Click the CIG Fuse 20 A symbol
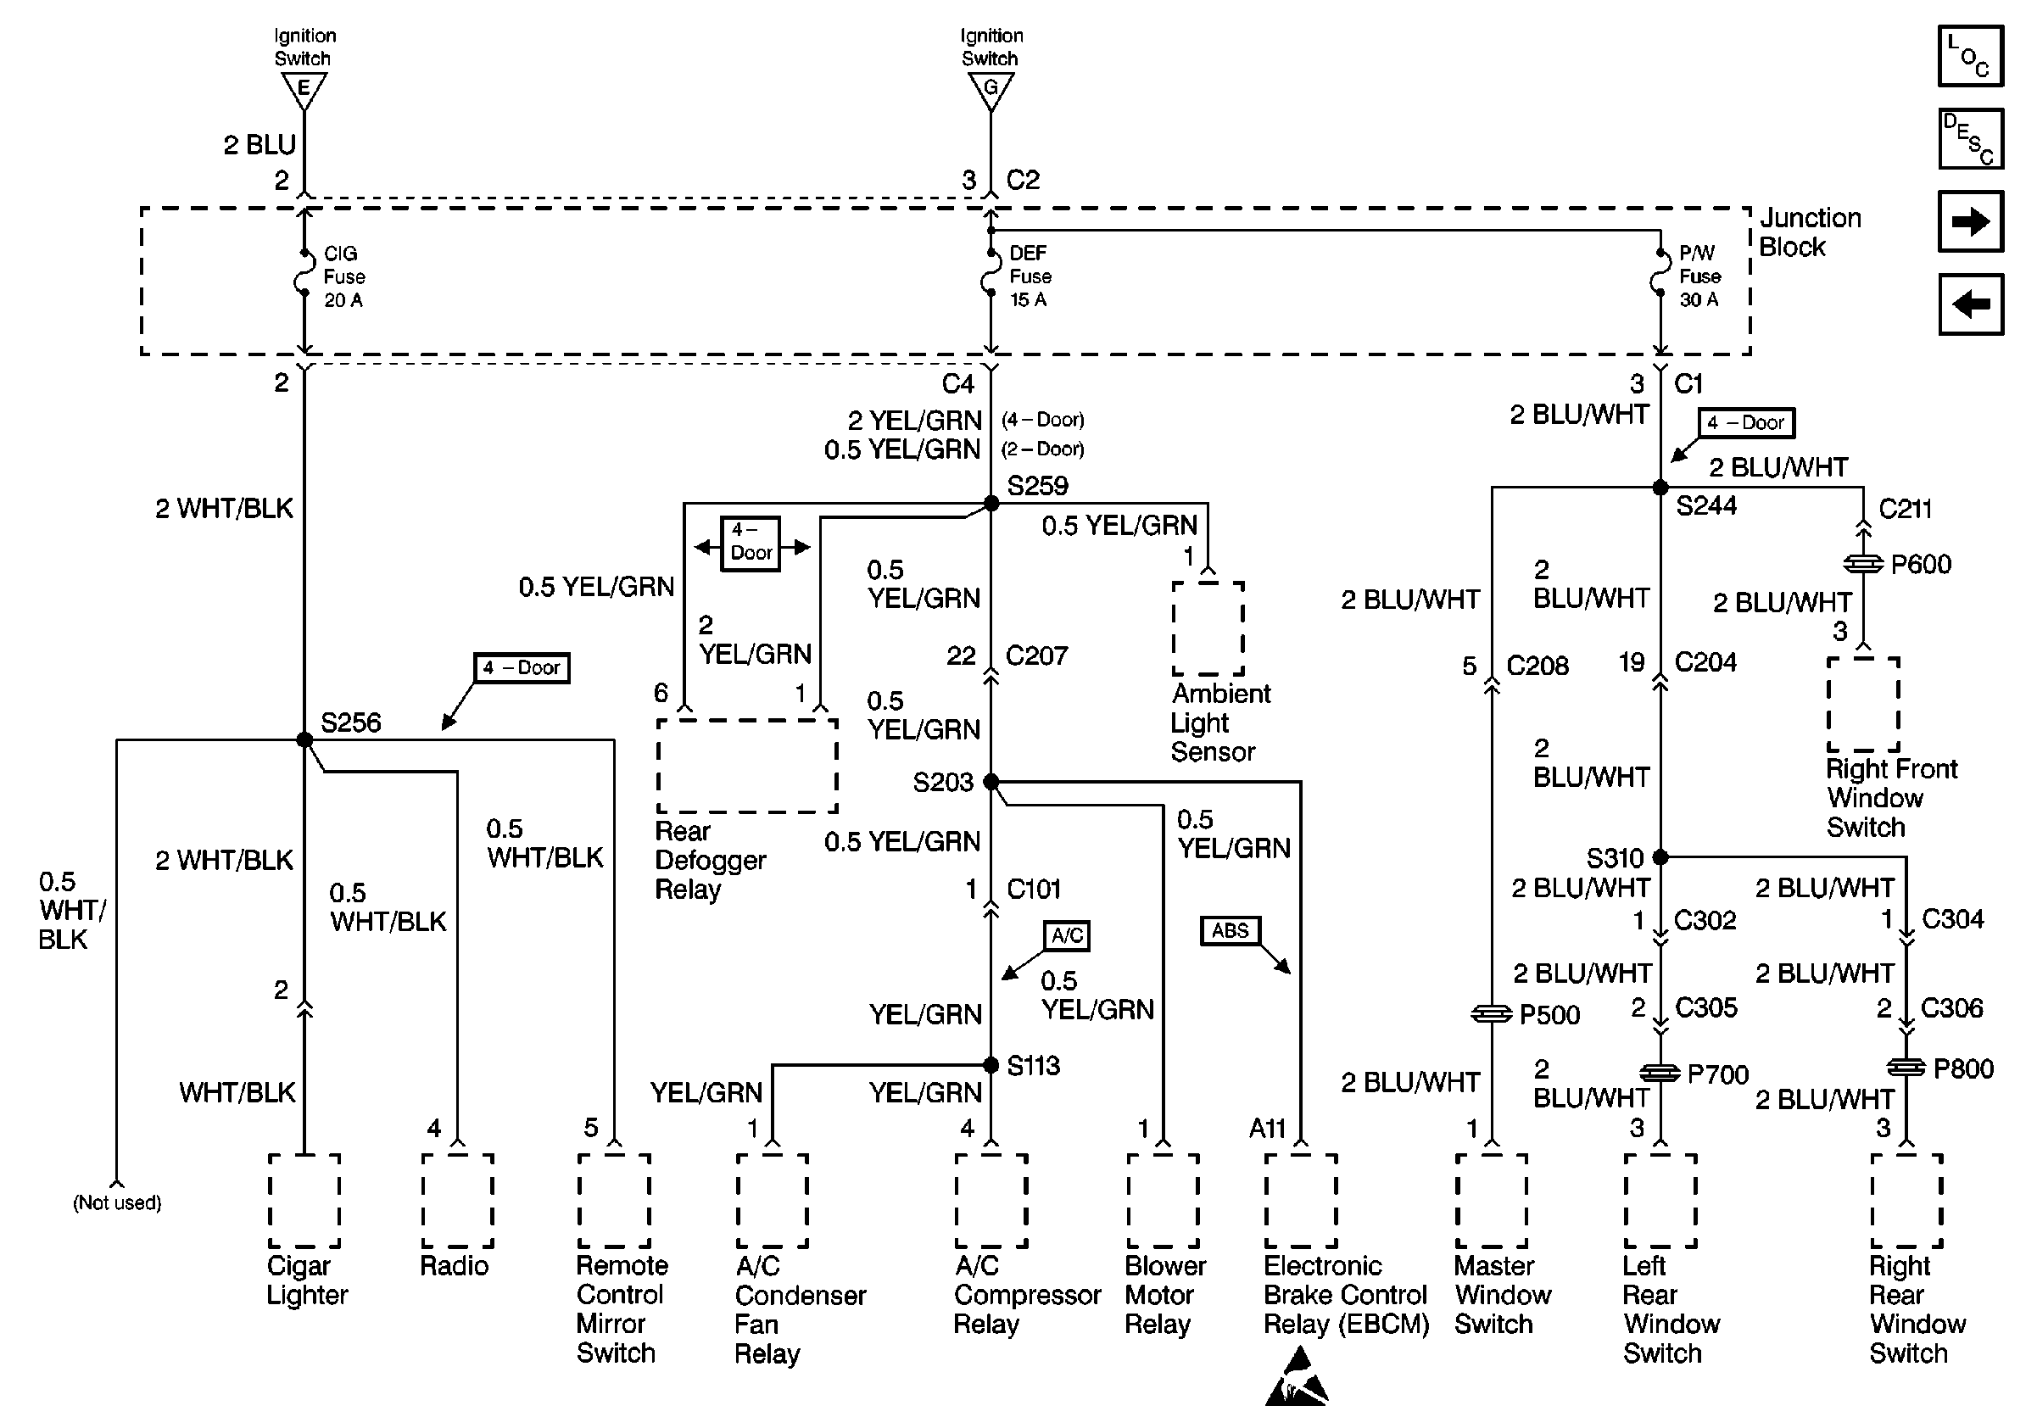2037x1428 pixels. click(304, 276)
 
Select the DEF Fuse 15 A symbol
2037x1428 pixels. click(991, 276)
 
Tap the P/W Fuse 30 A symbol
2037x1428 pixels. click(1660, 276)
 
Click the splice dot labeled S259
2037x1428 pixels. click(992, 504)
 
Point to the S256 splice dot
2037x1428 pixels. click(304, 739)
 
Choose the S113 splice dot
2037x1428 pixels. click(991, 1065)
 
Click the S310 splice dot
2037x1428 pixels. click(1660, 856)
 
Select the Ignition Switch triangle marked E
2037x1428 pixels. click(304, 89)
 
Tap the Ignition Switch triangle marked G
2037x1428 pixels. click(991, 89)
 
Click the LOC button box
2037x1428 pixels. click(1971, 56)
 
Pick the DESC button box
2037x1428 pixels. click(1971, 138)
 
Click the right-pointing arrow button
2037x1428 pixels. click(1971, 221)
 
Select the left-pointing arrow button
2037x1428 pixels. click(1971, 304)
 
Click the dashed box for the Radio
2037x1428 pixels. click(458, 1201)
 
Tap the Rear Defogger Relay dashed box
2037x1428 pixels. click(747, 766)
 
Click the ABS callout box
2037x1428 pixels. click(1230, 930)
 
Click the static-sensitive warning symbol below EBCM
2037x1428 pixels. click(1297, 1377)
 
